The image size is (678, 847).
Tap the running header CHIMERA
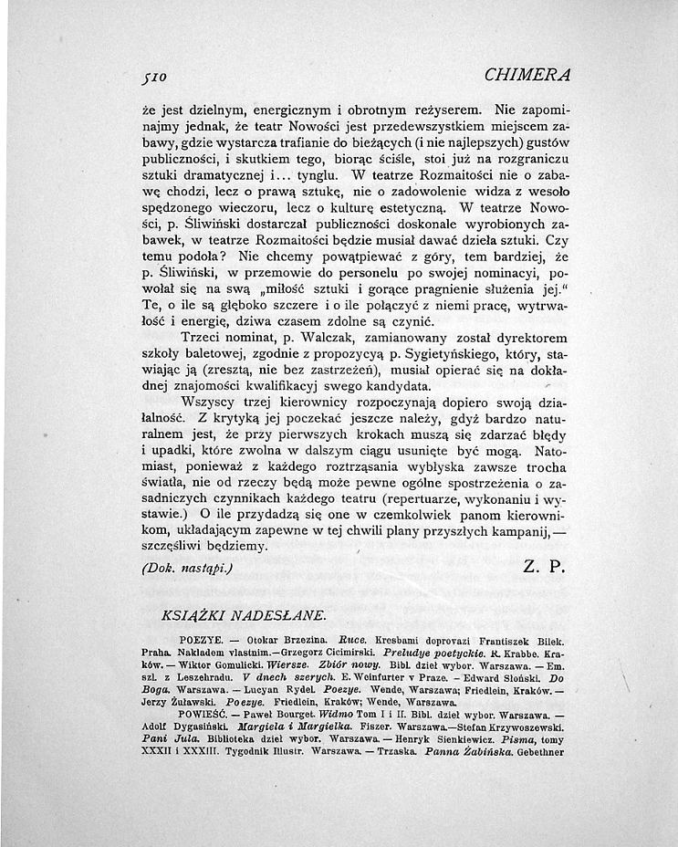pyautogui.click(x=527, y=74)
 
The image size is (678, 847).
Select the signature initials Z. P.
pyautogui.click(x=545, y=566)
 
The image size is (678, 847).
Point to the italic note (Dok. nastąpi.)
pyautogui.click(x=189, y=567)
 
